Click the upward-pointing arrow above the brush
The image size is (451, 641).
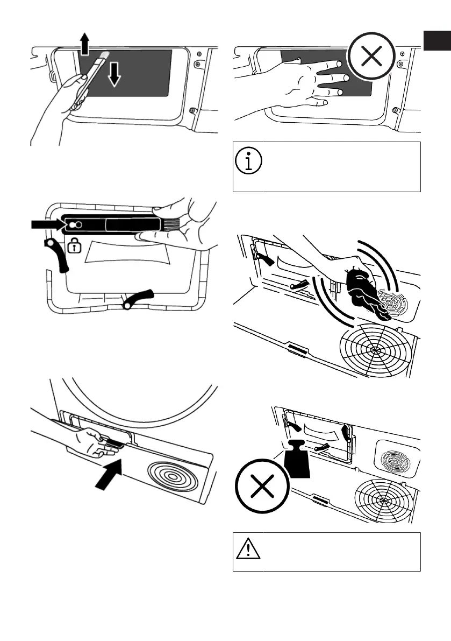pos(84,44)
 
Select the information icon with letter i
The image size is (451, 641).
pos(248,160)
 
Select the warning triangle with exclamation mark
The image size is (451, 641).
pos(248,550)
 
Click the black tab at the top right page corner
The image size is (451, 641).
pos(436,41)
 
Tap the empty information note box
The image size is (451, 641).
pos(326,167)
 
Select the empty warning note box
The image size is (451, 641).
pos(326,552)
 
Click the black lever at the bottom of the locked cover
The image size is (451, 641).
pos(138,298)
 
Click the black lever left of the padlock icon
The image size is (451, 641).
pos(58,257)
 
